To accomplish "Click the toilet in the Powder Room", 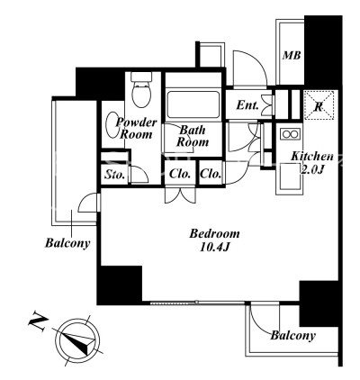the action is pos(141,89).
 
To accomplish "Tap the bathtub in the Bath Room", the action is pos(193,104).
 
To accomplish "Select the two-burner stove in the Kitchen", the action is pos(290,133).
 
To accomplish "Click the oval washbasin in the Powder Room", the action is pos(113,125).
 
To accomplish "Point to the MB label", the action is pos(292,56).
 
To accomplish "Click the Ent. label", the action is pos(247,105).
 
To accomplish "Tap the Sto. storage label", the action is pos(114,175).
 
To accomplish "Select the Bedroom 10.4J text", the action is pos(214,240).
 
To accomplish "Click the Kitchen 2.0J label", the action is pos(312,163).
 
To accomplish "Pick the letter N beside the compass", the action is pos(38,322).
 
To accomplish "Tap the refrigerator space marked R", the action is pos(319,105).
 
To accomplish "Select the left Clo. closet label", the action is pos(180,174).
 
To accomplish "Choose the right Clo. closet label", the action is pos(211,174).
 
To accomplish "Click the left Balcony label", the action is pos(67,243).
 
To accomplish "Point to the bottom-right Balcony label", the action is pos(293,335).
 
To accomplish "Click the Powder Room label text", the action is pos(137,128).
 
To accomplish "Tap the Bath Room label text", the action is pos(193,136).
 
